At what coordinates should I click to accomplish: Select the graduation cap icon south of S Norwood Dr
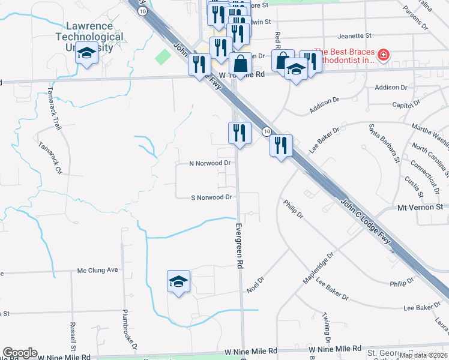point(178,282)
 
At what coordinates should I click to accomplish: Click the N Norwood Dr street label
point(209,163)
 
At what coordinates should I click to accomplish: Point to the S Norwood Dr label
point(211,197)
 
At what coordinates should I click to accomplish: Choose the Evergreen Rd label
point(239,245)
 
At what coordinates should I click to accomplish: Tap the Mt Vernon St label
point(420,206)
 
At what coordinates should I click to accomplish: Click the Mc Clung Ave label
point(98,271)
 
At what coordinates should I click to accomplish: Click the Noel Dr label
point(255,284)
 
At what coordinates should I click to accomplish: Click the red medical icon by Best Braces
point(383,57)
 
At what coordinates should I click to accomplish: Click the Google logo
point(20,353)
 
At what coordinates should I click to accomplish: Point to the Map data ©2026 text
point(423,355)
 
